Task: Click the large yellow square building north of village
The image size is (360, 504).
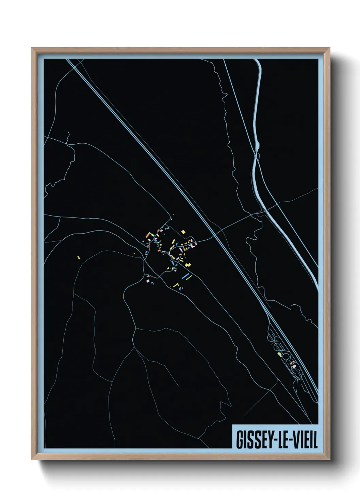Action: coord(183,232)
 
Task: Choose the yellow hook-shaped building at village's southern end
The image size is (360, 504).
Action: coord(176,285)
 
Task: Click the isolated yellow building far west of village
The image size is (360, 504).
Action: coord(78,257)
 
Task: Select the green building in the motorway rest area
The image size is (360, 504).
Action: coord(280,355)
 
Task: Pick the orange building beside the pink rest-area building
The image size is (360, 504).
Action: coord(292,364)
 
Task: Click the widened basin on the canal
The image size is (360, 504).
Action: coord(257,146)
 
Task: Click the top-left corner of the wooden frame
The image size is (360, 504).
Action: coord(32,48)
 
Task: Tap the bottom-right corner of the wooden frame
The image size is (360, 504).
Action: coord(330,459)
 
